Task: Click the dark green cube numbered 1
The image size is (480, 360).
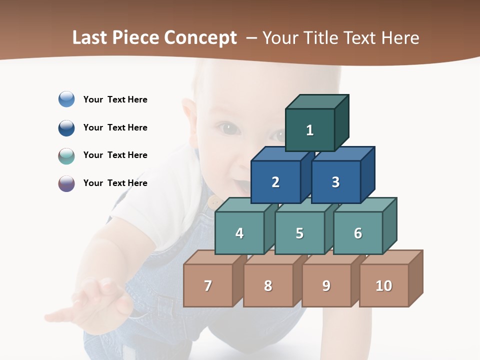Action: tap(310, 130)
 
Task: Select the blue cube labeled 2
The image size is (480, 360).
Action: tap(275, 182)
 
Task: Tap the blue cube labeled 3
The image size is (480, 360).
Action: tap(335, 182)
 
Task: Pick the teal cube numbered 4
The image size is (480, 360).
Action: tap(239, 233)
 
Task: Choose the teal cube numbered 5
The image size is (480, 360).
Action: tap(299, 233)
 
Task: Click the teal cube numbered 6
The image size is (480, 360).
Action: tap(358, 233)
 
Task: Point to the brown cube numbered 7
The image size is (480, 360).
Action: tap(208, 285)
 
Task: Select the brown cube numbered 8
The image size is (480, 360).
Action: tap(268, 285)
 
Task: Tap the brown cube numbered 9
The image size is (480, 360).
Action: tap(326, 285)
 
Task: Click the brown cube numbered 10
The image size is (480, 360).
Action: tap(384, 285)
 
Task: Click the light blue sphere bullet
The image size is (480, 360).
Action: tap(66, 99)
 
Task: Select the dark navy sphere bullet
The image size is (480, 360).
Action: tap(66, 127)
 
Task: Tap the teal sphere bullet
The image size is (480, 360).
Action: tap(66, 155)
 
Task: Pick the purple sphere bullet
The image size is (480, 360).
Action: tap(66, 183)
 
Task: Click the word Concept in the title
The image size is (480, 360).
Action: tap(199, 38)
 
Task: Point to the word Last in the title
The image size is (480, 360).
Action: tap(90, 38)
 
